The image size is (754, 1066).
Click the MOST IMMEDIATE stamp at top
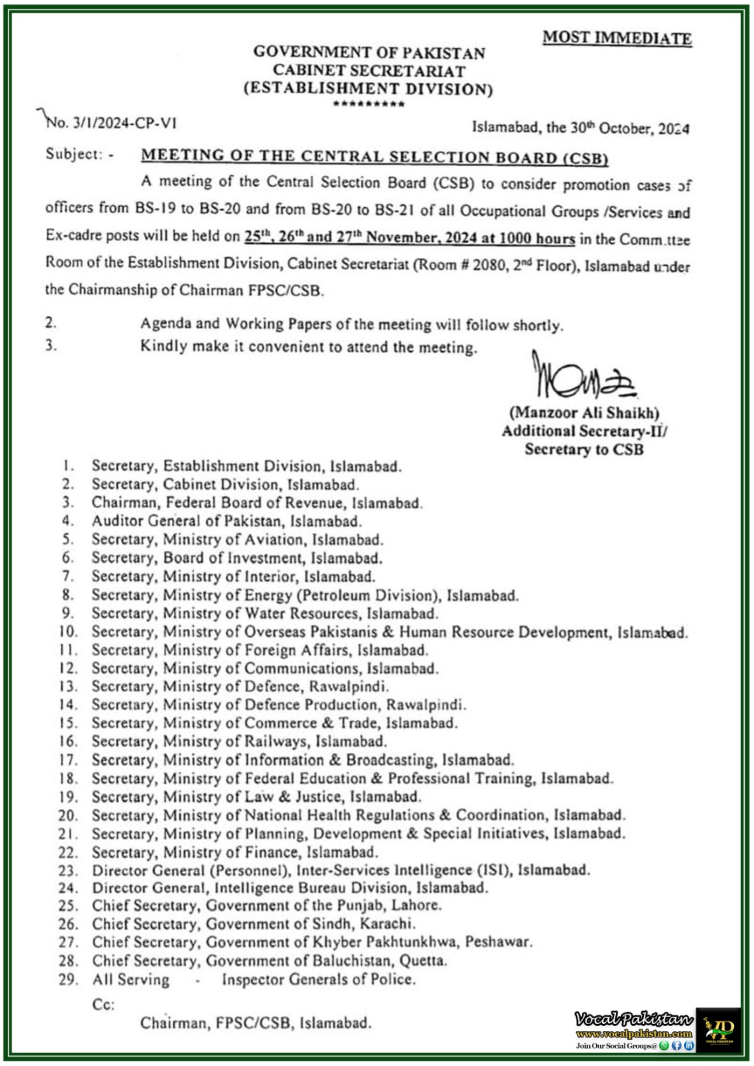pyautogui.click(x=617, y=38)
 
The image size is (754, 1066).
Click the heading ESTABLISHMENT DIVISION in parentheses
pyautogui.click(x=368, y=89)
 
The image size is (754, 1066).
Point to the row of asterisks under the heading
pyautogui.click(x=368, y=105)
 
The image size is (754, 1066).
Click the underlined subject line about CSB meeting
pyautogui.click(x=375, y=157)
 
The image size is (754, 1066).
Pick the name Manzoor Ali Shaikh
pyautogui.click(x=584, y=413)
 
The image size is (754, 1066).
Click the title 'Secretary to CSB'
pyautogui.click(x=584, y=449)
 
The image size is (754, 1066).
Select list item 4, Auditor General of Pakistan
pyautogui.click(x=227, y=521)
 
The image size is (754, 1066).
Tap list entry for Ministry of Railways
pyautogui.click(x=239, y=742)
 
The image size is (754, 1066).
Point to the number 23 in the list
pyautogui.click(x=68, y=870)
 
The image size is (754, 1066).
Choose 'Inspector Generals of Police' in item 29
pyautogui.click(x=319, y=979)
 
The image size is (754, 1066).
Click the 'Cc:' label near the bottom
pyautogui.click(x=103, y=1004)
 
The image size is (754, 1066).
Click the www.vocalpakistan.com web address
pyautogui.click(x=633, y=1033)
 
